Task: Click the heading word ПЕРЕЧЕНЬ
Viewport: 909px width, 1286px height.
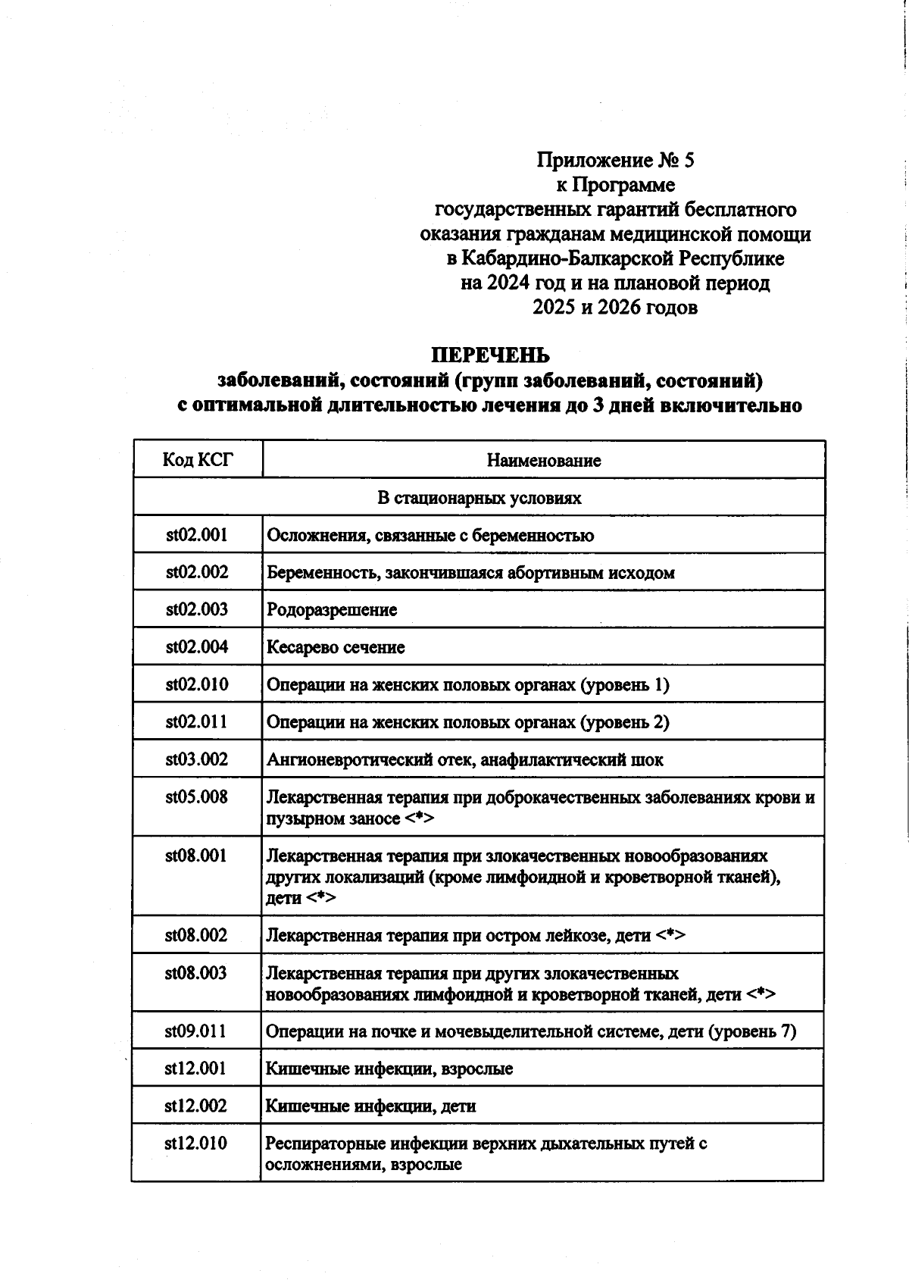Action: coord(490,355)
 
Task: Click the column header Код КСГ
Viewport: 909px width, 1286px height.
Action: coord(198,460)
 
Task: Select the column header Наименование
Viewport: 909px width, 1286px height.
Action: coord(543,460)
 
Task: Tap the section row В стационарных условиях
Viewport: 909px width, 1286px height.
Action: coord(479,498)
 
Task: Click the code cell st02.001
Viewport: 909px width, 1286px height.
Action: coord(197,535)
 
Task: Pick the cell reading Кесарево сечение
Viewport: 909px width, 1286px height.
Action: coord(336,647)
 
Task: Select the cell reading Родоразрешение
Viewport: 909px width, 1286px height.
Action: coord(331,610)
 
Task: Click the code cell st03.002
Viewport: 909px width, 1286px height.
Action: coord(197,759)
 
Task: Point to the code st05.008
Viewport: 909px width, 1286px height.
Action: coord(197,796)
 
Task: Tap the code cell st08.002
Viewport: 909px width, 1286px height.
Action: coord(197,935)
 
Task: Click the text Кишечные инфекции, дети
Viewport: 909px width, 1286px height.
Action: coord(370,1106)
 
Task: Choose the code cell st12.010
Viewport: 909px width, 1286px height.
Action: coord(196,1144)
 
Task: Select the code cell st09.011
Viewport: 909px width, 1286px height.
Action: coord(196,1031)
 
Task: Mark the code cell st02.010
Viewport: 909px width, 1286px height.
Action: coord(197,684)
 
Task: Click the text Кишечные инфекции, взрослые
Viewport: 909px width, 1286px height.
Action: coord(389,1069)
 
